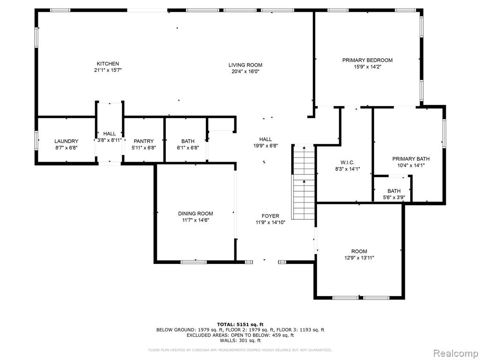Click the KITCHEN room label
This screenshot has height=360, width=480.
(x=108, y=64)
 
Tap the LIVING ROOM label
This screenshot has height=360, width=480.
(x=245, y=65)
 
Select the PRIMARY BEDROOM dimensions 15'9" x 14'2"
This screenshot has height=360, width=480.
(x=367, y=67)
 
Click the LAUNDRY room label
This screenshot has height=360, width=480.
(x=66, y=141)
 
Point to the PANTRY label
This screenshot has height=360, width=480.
(x=143, y=141)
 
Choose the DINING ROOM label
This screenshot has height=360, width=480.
(x=195, y=213)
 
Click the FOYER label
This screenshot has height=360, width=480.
(x=270, y=216)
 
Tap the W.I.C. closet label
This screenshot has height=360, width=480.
(x=347, y=162)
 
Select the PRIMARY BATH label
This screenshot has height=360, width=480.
(x=411, y=158)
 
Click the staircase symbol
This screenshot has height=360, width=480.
(x=304, y=183)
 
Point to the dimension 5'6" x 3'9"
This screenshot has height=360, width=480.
(x=394, y=197)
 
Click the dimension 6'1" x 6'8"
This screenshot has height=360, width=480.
(x=187, y=148)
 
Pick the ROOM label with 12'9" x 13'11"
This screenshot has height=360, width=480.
(x=359, y=251)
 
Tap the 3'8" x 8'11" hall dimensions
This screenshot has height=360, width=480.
(x=109, y=140)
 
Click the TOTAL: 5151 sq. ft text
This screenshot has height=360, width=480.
(x=240, y=324)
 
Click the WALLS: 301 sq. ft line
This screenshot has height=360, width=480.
(x=240, y=340)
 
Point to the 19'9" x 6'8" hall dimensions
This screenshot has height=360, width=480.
(x=265, y=146)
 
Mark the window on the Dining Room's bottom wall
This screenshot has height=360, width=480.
(x=194, y=262)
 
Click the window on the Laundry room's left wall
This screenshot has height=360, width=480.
(x=37, y=141)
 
